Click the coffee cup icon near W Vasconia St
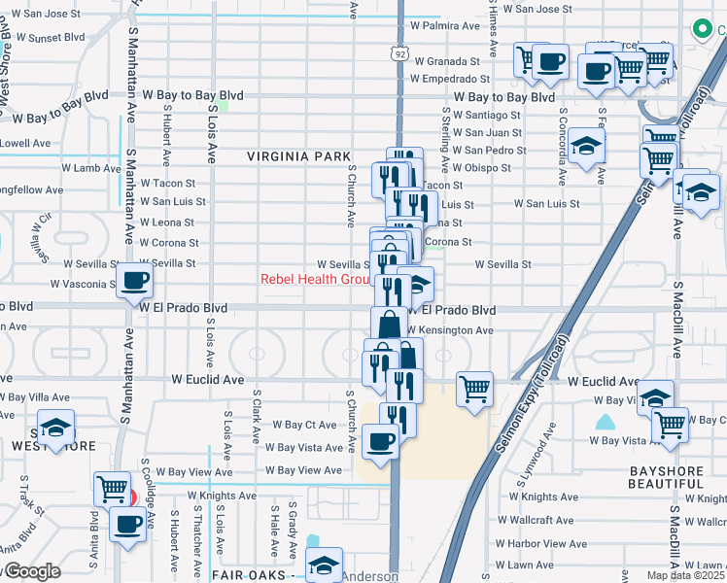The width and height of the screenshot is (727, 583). pos(135,283)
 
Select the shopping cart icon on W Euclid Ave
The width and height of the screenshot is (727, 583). pos(474,390)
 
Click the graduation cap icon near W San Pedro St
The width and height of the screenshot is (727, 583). pos(587,147)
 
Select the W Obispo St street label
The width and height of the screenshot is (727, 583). pos(495,167)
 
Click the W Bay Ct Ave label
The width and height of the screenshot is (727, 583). pos(304,425)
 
